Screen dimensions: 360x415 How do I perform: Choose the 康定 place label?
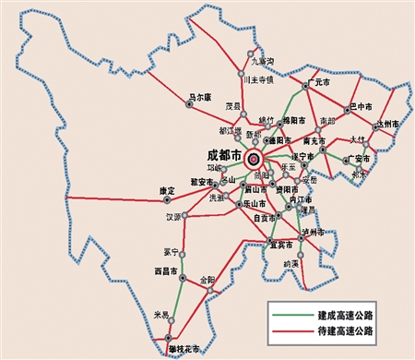coord(167,190)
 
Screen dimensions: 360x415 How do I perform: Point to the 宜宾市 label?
coord(280,245)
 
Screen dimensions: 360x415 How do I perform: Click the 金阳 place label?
coord(207,278)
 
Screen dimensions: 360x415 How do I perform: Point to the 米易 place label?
coord(161,315)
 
